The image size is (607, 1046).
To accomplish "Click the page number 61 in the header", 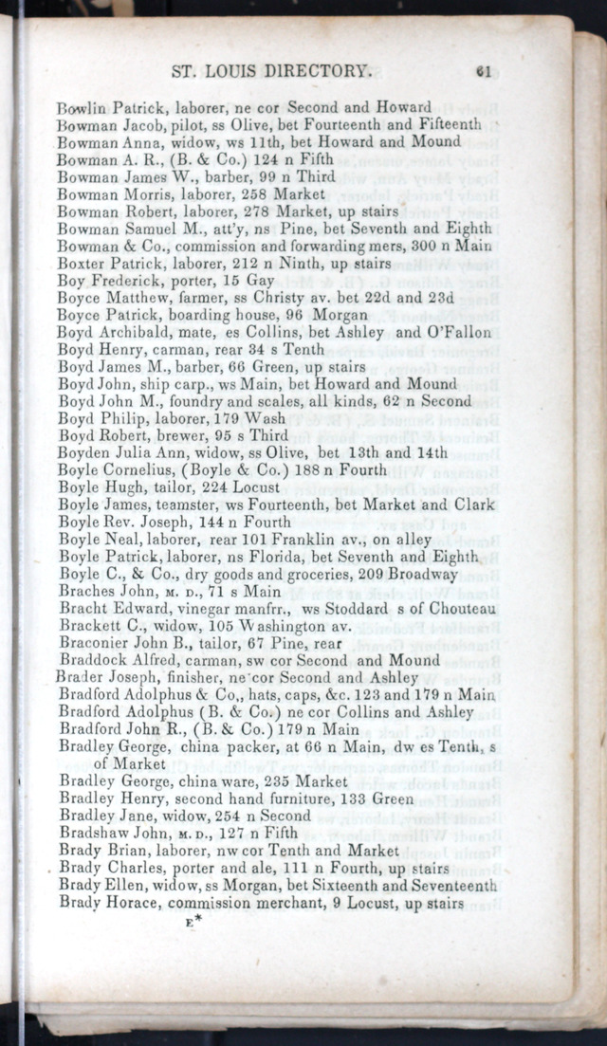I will (484, 71).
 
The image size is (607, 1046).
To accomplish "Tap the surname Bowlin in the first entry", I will (82, 108).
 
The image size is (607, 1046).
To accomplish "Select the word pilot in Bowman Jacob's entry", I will (173, 125).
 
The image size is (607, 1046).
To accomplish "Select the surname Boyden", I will (83, 453).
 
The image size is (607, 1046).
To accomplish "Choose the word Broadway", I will (422, 575).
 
